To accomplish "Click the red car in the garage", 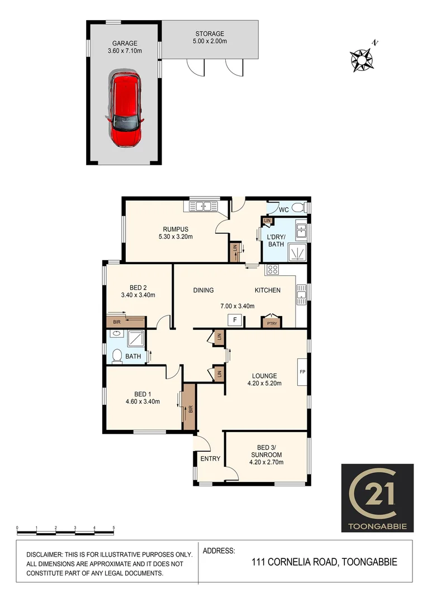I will click(125, 108).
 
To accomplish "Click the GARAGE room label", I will click(125, 43).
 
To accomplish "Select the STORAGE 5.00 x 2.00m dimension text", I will click(210, 41).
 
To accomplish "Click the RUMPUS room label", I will click(175, 229).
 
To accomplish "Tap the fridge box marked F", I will click(235, 320).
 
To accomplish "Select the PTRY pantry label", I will click(271, 323).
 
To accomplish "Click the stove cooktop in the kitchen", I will click(272, 270).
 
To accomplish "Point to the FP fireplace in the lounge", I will click(302, 372).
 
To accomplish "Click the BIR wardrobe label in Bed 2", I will click(117, 322).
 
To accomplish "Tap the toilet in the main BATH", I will click(117, 356).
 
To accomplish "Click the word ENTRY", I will click(210, 459).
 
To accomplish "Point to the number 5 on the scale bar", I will click(114, 528).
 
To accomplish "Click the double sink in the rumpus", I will click(202, 207).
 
